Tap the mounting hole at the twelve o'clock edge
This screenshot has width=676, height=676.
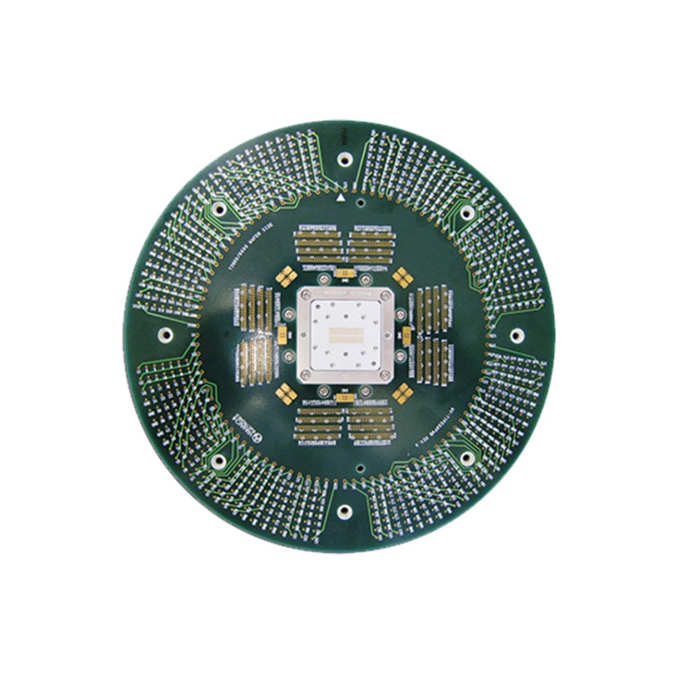pos(344,159)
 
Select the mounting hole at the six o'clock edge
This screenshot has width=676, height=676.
pos(344,510)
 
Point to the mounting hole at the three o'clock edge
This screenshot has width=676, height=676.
pos(516,335)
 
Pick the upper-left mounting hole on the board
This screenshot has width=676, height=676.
pos(220,209)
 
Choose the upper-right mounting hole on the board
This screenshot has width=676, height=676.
pos(467,212)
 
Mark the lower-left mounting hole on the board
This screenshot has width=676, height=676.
pos(219,461)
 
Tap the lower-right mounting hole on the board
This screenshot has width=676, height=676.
pos(467,458)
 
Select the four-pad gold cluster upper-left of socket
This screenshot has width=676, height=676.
pos(287,277)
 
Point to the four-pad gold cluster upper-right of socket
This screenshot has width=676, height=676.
pos(402,277)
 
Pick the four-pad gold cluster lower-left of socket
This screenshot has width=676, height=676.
pos(287,394)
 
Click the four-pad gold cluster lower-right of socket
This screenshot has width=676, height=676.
pos(402,394)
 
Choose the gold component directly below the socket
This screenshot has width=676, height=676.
pos(344,397)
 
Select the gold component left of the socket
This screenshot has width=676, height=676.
pos(283,335)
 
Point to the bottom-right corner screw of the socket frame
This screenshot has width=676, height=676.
pos(385,376)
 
